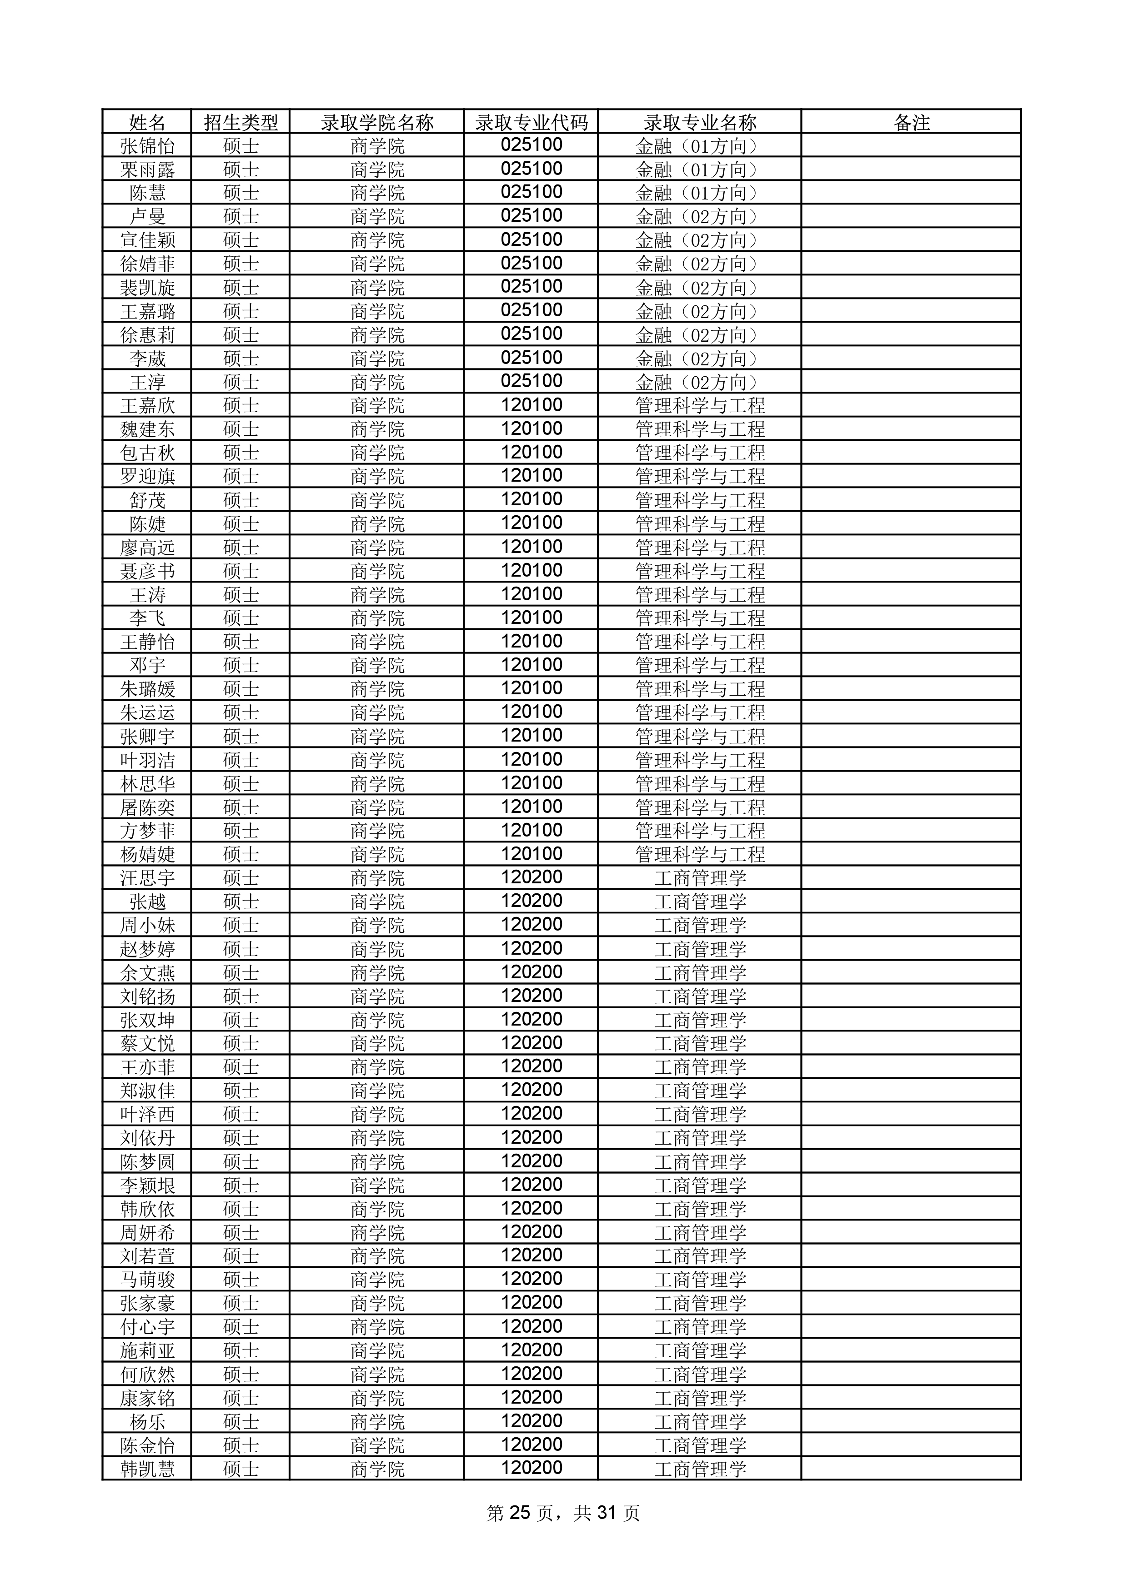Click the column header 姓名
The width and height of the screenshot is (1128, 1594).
(x=147, y=123)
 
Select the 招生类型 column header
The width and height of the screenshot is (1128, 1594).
(x=241, y=123)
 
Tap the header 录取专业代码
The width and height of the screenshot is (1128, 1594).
(x=531, y=123)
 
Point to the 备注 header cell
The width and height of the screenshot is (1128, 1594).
(x=911, y=123)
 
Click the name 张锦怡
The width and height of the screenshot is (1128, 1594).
(x=147, y=146)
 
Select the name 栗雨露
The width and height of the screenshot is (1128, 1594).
(x=147, y=169)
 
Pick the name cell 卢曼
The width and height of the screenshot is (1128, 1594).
(x=147, y=217)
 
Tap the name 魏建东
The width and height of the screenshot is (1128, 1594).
(x=147, y=429)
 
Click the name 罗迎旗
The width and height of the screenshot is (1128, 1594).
(x=147, y=476)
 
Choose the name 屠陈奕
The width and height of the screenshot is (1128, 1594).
(x=147, y=807)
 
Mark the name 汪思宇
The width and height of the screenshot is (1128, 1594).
(x=147, y=878)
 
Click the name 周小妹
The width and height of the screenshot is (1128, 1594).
(x=147, y=926)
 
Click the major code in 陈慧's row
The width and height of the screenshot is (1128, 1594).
(x=531, y=192)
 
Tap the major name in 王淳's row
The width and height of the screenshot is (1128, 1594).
(x=699, y=382)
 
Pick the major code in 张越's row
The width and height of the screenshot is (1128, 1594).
(x=531, y=901)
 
